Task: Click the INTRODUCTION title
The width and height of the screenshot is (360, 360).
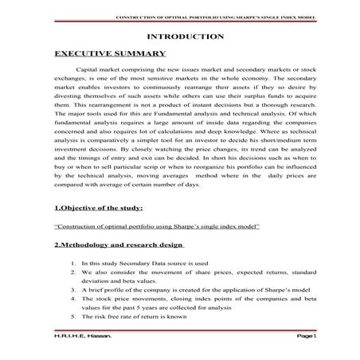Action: click(x=186, y=37)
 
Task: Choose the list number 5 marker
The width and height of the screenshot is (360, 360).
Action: click(x=72, y=315)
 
